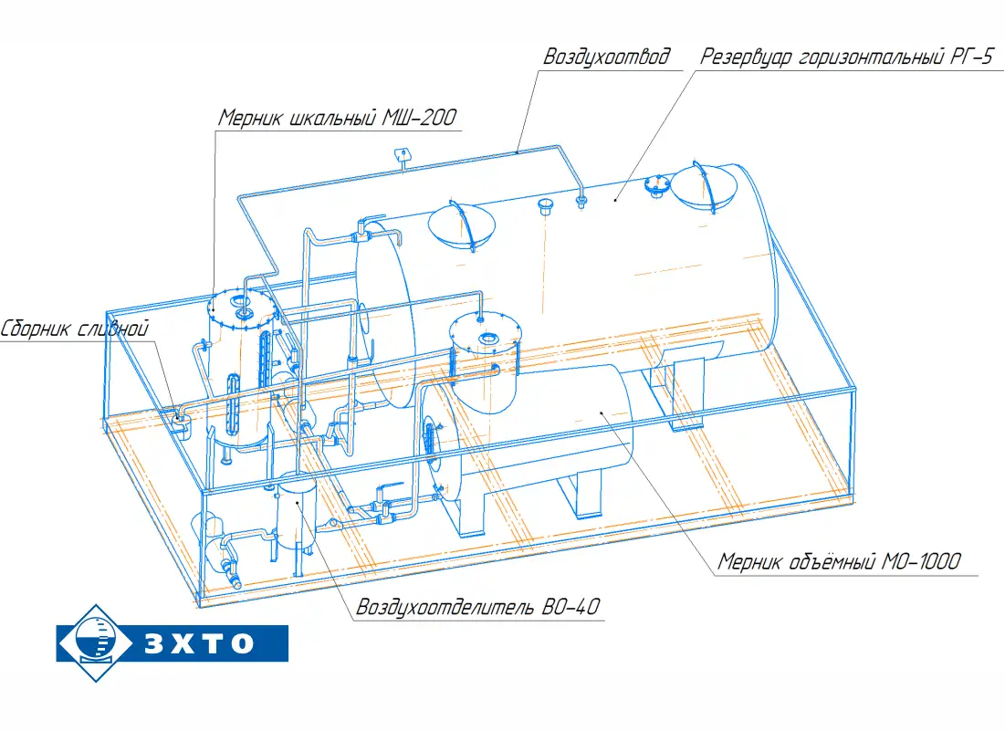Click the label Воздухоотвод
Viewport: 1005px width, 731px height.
pyautogui.click(x=606, y=57)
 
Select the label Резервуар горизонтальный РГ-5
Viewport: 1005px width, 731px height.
pyautogui.click(x=846, y=57)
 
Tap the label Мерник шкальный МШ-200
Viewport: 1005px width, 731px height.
pyautogui.click(x=337, y=118)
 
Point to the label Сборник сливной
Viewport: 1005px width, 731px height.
pyautogui.click(x=74, y=329)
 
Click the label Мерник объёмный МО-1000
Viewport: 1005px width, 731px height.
pyautogui.click(x=839, y=562)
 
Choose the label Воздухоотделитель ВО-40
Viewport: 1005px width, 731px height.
pyautogui.click(x=478, y=607)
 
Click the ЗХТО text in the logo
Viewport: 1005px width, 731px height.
pyautogui.click(x=199, y=643)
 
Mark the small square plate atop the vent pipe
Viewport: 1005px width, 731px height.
pyautogui.click(x=403, y=153)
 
